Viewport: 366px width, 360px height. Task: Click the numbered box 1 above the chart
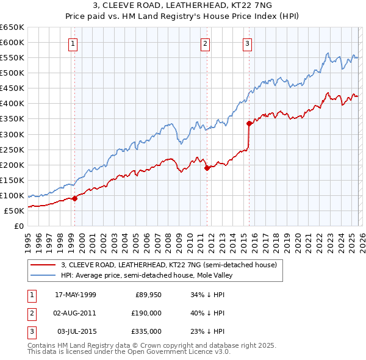pyautogui.click(x=73, y=43)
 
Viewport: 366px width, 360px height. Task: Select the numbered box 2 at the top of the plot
pyautogui.click(x=206, y=43)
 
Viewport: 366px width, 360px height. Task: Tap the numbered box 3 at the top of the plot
pyautogui.click(x=248, y=43)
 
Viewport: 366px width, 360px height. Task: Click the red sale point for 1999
pyautogui.click(x=75, y=198)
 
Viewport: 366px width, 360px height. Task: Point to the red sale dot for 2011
pyautogui.click(x=207, y=167)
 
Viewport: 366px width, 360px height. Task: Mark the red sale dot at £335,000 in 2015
pyautogui.click(x=249, y=123)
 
